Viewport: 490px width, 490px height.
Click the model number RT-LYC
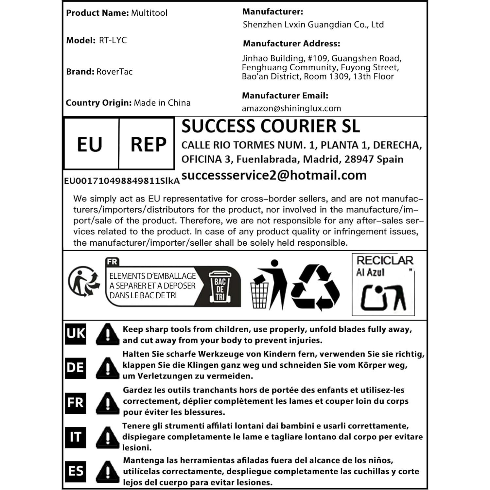point(113,41)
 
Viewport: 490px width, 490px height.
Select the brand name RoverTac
point(114,72)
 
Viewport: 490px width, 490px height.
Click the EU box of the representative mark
point(90,144)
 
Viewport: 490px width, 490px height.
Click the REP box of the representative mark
point(148,144)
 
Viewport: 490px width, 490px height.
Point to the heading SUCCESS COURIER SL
point(271,126)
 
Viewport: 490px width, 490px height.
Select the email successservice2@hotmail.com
point(274,175)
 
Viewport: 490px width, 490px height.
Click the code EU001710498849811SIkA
point(122,181)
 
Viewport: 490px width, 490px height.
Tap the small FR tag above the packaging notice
point(112,262)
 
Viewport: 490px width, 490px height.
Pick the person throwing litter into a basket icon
point(268,285)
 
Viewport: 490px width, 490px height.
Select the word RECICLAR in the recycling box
point(385,261)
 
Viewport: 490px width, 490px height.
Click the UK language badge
point(76,334)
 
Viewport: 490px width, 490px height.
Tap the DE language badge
point(76,368)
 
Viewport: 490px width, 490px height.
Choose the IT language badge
point(76,437)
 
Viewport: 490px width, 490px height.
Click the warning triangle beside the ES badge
point(107,472)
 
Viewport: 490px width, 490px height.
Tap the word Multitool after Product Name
point(149,13)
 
